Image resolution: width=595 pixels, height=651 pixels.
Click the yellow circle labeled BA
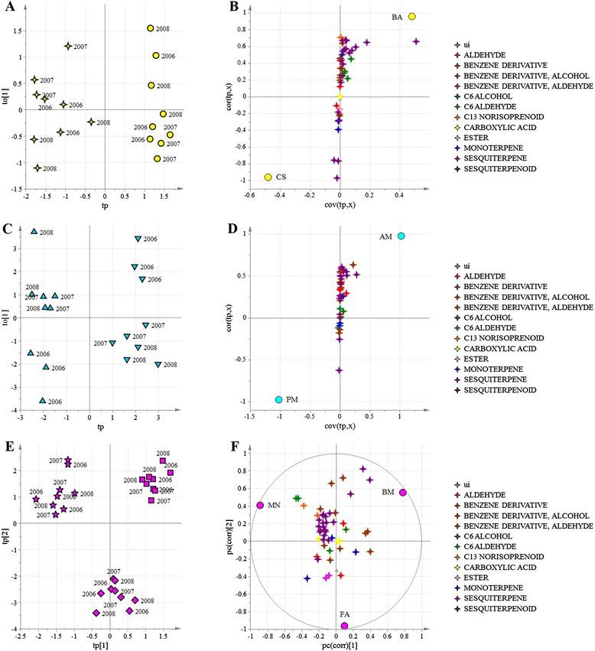[x=411, y=17]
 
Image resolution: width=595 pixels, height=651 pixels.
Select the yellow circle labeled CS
[x=268, y=177]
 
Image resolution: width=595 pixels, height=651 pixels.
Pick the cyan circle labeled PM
[x=278, y=399]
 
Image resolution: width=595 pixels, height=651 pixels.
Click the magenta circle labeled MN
[x=260, y=506]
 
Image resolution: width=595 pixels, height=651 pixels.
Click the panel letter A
[x=6, y=7]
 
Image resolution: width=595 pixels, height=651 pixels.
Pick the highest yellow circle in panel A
[x=151, y=28]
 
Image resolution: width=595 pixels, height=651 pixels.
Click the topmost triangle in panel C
[x=34, y=231]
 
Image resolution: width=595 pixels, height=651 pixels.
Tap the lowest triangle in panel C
[x=43, y=400]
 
